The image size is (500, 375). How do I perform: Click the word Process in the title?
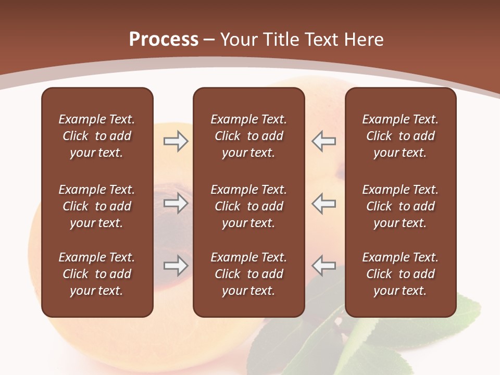[x=164, y=40]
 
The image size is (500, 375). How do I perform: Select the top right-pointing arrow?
[x=176, y=141]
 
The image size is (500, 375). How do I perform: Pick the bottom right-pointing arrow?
[x=176, y=266]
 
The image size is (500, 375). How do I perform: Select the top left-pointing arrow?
[x=323, y=141]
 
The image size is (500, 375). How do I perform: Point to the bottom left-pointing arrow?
[x=323, y=266]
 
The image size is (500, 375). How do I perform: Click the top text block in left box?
[x=97, y=136]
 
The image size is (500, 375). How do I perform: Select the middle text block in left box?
[x=97, y=206]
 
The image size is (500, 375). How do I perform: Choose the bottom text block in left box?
[x=97, y=274]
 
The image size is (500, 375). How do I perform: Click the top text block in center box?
[x=248, y=136]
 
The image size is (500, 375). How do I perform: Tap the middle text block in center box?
[x=248, y=206]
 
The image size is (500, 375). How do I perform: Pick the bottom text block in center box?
[x=248, y=274]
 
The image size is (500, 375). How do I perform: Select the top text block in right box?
[x=400, y=136]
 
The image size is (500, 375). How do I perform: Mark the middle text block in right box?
[x=400, y=206]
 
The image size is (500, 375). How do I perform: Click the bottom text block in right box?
[x=400, y=274]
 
